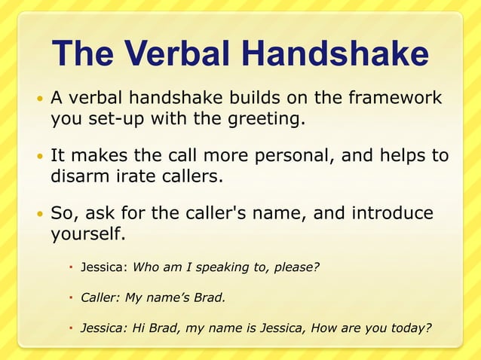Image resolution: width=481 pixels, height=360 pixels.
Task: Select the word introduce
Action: coord(394,213)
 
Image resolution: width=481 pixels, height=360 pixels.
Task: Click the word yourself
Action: coord(86,233)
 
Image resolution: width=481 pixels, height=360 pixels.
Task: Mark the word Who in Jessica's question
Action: coord(146,266)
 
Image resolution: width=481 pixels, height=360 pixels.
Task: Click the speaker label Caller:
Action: coord(100,297)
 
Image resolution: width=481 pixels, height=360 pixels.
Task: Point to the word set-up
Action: coord(104,118)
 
